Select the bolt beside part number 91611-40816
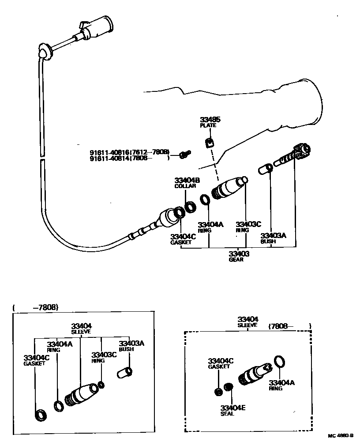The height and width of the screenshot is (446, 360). point(185,154)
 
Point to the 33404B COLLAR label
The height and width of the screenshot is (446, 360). point(187,183)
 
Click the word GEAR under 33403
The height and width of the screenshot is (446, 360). point(236,260)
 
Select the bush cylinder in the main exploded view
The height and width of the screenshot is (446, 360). point(266,169)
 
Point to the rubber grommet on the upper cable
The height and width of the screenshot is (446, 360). point(45,52)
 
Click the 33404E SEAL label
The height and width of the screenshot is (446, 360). point(233,410)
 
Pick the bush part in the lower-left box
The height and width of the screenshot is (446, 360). point(124,373)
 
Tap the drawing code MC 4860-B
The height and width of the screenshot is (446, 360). point(340,435)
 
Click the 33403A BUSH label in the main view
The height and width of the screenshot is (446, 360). point(273,238)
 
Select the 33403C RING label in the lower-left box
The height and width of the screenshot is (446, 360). point(104,357)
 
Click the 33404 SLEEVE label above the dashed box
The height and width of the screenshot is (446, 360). point(247,321)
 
